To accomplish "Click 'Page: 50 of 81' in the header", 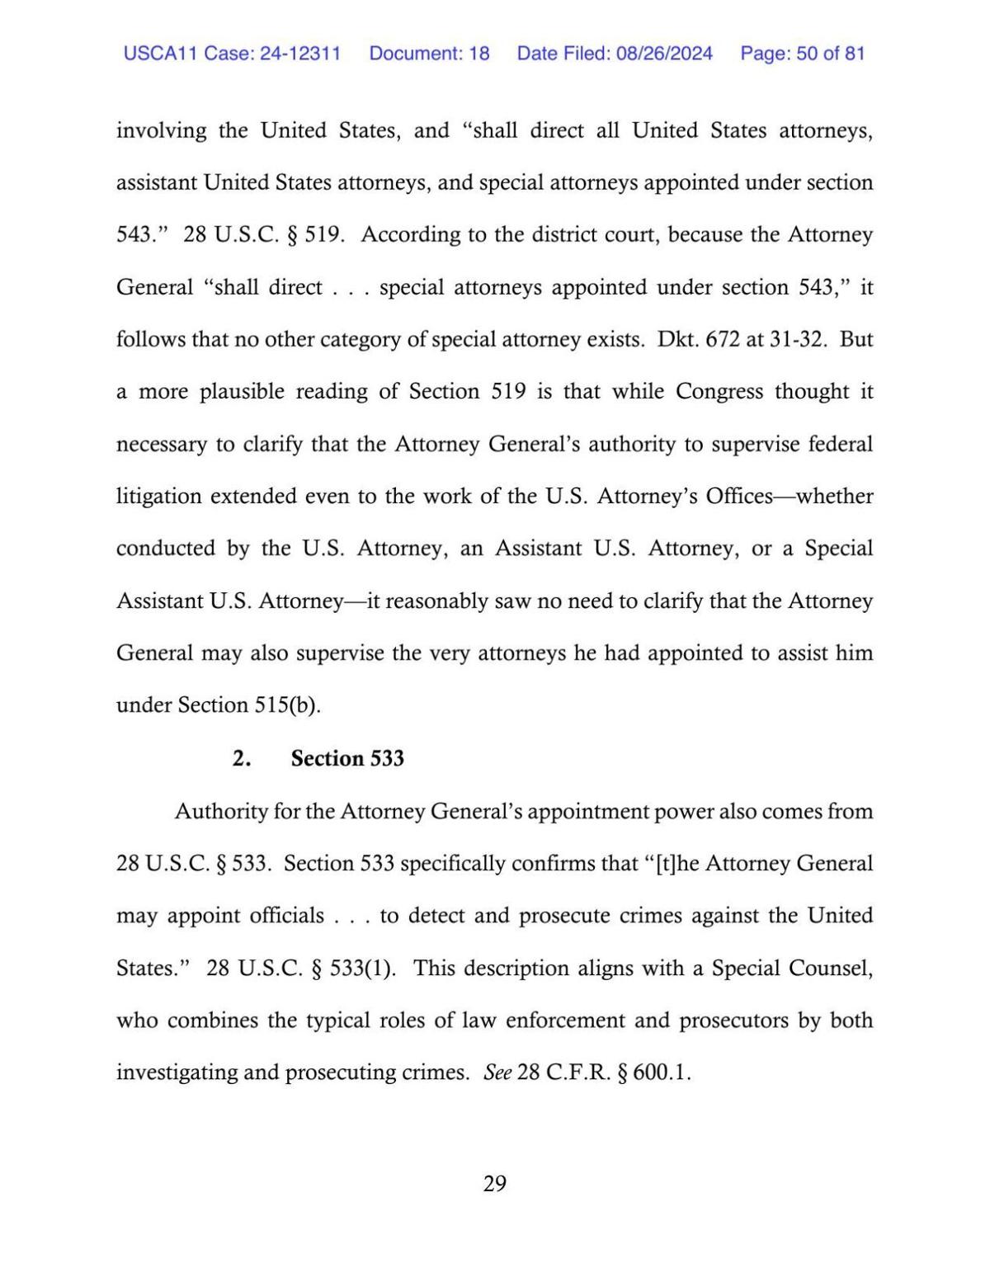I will pos(802,54).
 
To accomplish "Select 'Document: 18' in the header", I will pos(429,54).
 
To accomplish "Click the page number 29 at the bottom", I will pos(494,1184).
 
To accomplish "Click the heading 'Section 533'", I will pos(347,758).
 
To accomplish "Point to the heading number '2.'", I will pos(241,758).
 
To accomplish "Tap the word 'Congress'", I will pos(719,391).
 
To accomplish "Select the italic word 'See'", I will pos(497,1072).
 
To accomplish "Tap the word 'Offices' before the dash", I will pos(738,496).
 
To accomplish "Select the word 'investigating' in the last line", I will pos(172,1072).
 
